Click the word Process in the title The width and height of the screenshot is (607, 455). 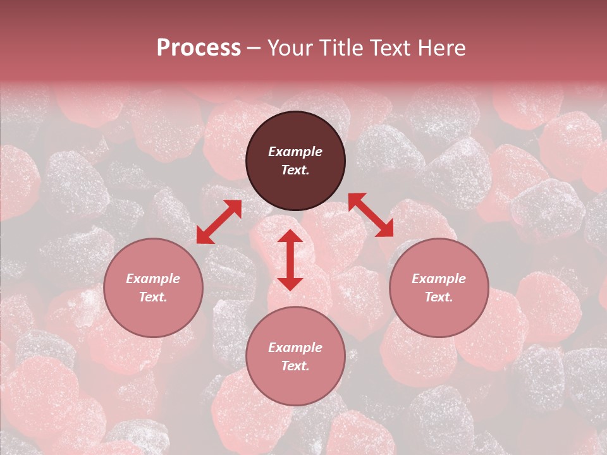pyautogui.click(x=199, y=48)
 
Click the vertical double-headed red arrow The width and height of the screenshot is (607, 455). pyautogui.click(x=290, y=260)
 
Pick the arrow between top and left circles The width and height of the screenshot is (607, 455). pyautogui.click(x=219, y=222)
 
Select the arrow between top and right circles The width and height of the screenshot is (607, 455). pyautogui.click(x=371, y=215)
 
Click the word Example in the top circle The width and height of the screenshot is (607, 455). pyautogui.click(x=295, y=152)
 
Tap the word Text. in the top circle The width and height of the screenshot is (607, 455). pyautogui.click(x=295, y=170)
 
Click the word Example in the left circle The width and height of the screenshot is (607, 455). pyautogui.click(x=153, y=279)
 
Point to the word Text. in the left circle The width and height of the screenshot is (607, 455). pyautogui.click(x=153, y=297)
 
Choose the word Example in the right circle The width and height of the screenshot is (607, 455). pyautogui.click(x=439, y=279)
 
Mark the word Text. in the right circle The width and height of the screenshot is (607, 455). pyautogui.click(x=439, y=297)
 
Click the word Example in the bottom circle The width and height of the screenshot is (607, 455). pyautogui.click(x=295, y=348)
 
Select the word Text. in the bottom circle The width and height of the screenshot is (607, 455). pyautogui.click(x=295, y=366)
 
